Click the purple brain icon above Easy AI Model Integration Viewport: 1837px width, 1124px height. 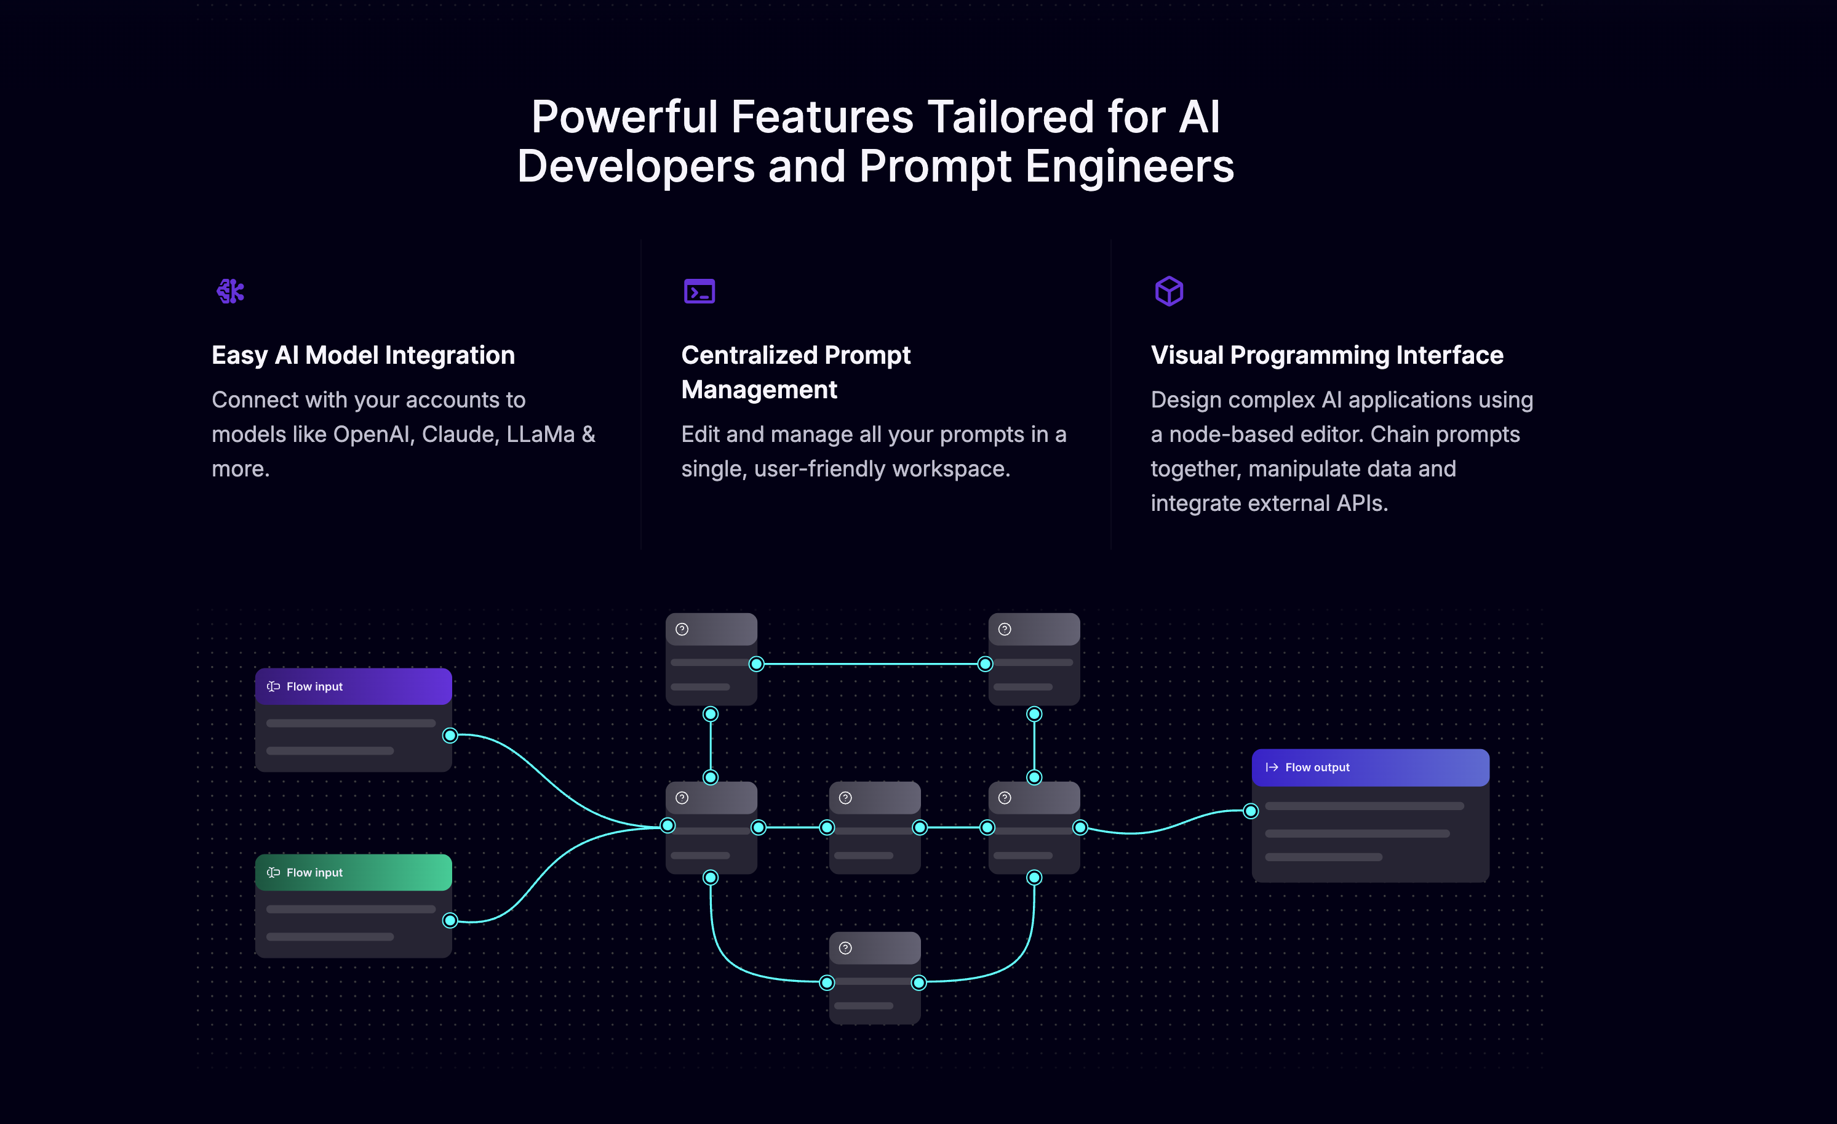pos(230,291)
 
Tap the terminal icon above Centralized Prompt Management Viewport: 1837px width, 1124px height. pos(699,291)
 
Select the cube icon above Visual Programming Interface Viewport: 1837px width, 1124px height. pos(1169,291)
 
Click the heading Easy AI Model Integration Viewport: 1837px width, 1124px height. pos(363,355)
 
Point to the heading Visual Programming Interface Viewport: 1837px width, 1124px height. pos(1327,355)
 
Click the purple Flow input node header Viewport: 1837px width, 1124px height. pos(353,686)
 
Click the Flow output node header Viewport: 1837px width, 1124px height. pos(1370,768)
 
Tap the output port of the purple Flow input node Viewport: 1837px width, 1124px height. pos(450,736)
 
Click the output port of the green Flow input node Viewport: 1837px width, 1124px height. pos(450,920)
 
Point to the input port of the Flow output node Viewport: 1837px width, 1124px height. pos(1251,811)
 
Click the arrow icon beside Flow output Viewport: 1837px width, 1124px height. pos(1272,768)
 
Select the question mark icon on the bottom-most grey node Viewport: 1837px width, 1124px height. pos(845,948)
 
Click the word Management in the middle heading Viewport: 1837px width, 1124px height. pos(759,389)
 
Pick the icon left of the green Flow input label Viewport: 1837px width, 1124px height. pos(274,873)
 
